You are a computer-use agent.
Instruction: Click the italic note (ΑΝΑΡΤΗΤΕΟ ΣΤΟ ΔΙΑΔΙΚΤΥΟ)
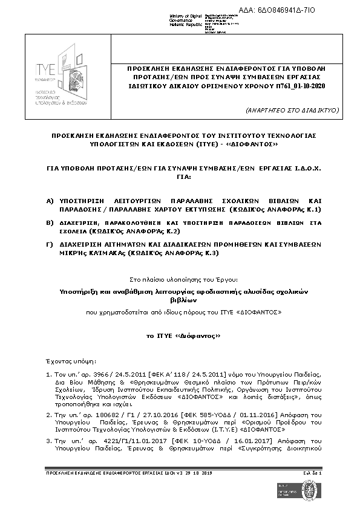point(293,110)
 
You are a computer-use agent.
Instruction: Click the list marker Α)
point(50,200)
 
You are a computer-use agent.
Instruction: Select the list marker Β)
point(50,223)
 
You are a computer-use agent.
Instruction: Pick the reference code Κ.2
point(173,231)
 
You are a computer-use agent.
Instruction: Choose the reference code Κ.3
point(210,253)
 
